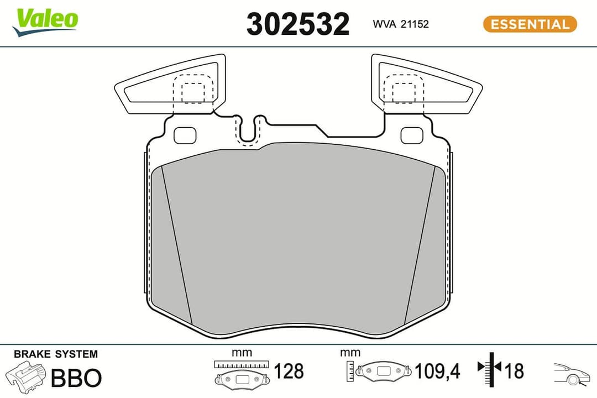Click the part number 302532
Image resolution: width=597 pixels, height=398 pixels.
(297, 24)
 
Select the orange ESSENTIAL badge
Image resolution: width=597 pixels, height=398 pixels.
(530, 24)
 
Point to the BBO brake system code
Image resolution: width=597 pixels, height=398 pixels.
(76, 378)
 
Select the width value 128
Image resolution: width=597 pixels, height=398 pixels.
(289, 371)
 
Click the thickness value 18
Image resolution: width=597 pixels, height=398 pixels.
(514, 371)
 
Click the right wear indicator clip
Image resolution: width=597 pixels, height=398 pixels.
(426, 83)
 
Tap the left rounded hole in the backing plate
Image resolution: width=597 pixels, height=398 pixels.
(185, 135)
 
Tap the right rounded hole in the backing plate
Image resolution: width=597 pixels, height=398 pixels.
(412, 135)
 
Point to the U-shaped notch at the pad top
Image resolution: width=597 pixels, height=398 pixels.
(250, 130)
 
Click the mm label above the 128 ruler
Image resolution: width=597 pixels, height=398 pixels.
(242, 352)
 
